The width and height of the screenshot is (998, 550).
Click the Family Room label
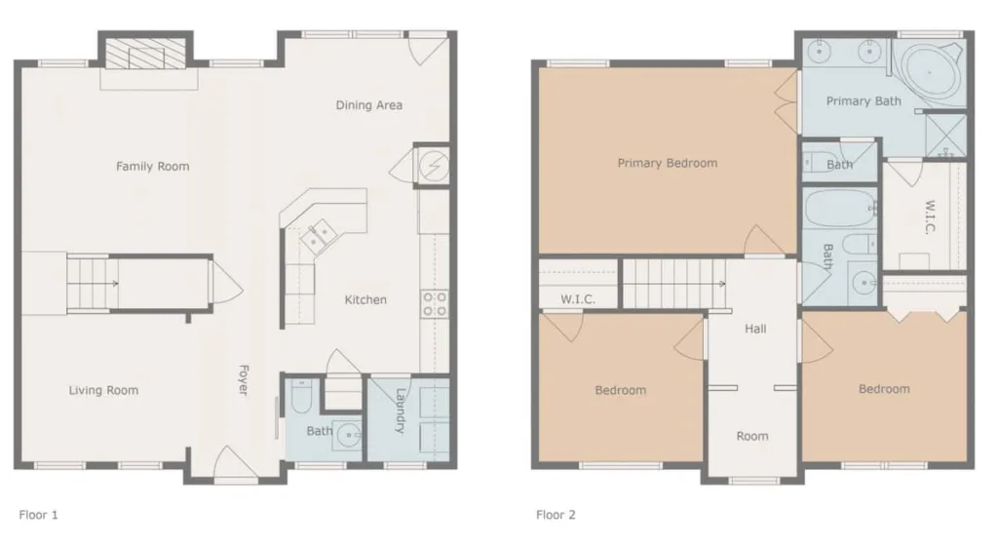point(153,166)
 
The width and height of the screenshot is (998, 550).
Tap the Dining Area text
point(369,105)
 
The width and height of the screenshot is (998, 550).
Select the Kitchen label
point(365,299)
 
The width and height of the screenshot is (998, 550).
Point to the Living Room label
point(103,390)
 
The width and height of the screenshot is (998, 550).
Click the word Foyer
point(243,380)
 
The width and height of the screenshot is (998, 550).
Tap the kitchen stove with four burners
point(435,303)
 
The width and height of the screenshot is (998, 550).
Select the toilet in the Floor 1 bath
point(300,397)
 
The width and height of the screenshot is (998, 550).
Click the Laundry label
point(401,411)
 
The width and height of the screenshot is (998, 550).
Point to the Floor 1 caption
point(38,514)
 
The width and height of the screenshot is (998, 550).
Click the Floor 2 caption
point(556,514)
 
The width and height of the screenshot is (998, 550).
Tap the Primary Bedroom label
point(667,163)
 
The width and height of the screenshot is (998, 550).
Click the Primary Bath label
point(864,100)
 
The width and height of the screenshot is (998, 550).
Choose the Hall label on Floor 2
point(755,329)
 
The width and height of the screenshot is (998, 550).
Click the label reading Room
point(752,436)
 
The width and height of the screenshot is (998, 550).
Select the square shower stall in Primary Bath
point(945,136)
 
